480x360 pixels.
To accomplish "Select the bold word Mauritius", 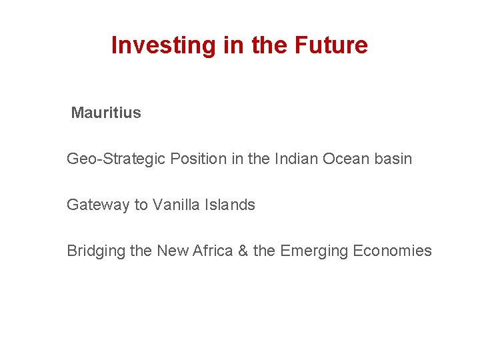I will (x=106, y=113).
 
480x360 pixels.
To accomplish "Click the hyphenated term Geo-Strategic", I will (x=116, y=159).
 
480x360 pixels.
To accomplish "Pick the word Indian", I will (x=295, y=159).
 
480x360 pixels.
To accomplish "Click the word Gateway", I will (x=98, y=205).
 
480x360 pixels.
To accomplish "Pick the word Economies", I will (x=393, y=251).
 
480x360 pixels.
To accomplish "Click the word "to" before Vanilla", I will (x=141, y=205).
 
